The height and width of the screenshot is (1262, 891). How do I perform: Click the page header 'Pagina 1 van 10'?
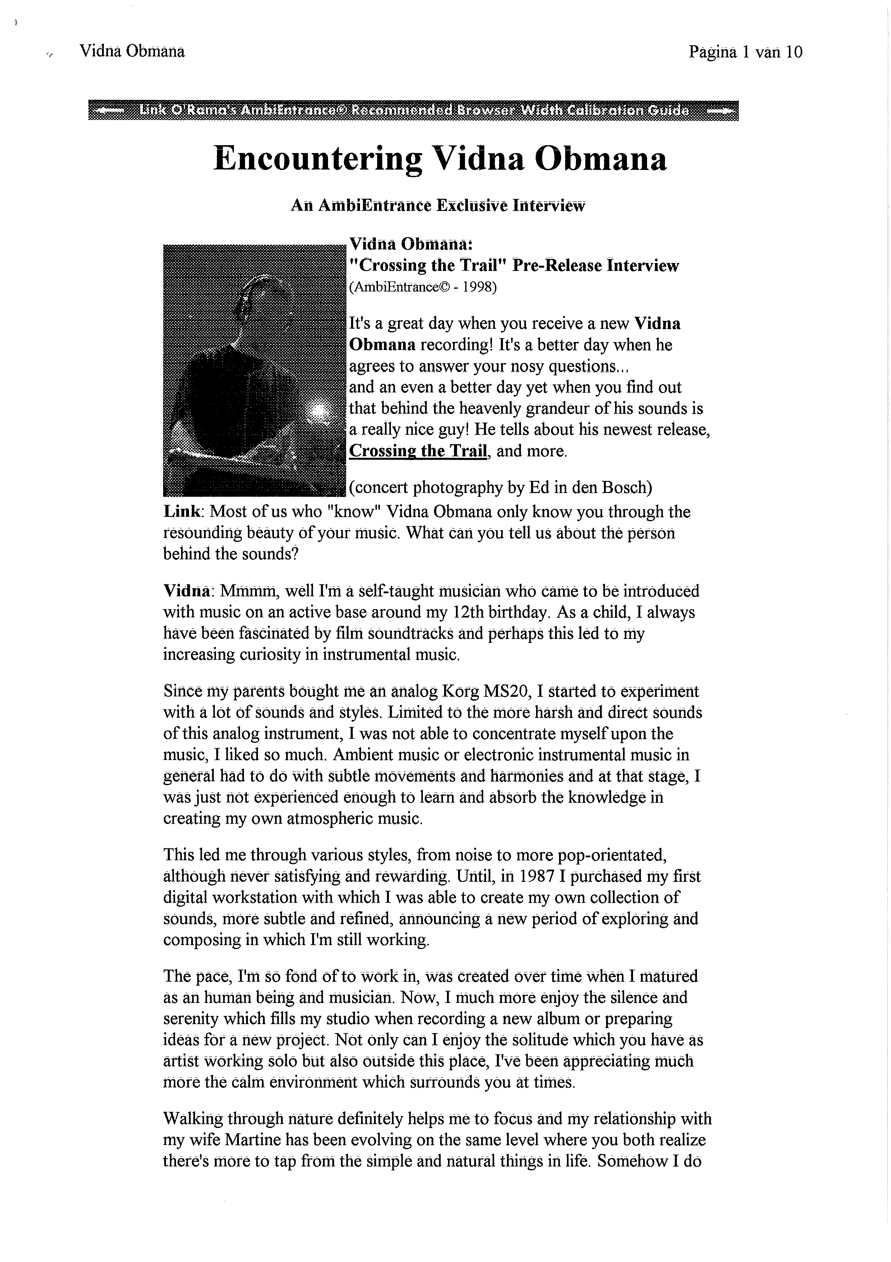[745, 52]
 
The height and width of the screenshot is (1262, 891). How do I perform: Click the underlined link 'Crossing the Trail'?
[418, 451]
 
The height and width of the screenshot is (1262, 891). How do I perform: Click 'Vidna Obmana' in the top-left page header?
[132, 52]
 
